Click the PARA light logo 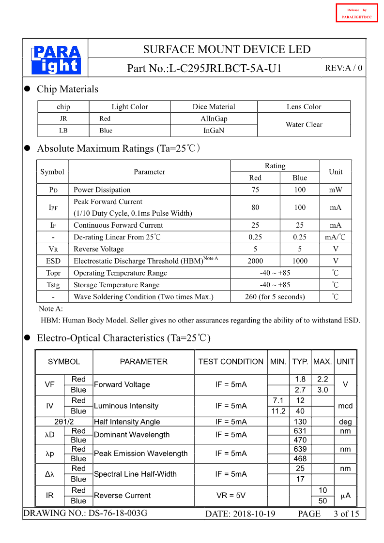(x=56, y=60)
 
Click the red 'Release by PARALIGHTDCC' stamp (x=356, y=13)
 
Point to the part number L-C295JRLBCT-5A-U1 (x=225, y=69)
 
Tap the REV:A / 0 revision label (x=343, y=68)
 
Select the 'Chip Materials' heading (x=67, y=89)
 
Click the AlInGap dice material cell (x=214, y=118)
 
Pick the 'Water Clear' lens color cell (x=304, y=124)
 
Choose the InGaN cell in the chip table (x=214, y=131)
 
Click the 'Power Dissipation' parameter (x=102, y=190)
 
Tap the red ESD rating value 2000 (x=255, y=261)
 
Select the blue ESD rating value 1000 (x=300, y=261)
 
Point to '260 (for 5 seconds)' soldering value (x=275, y=296)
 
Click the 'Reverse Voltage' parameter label (x=99, y=249)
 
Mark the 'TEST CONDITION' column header (x=230, y=362)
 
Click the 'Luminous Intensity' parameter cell (x=126, y=406)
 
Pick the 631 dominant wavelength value (x=300, y=431)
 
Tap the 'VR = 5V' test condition (x=230, y=495)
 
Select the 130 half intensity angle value (x=300, y=422)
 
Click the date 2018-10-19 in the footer (x=240, y=514)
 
